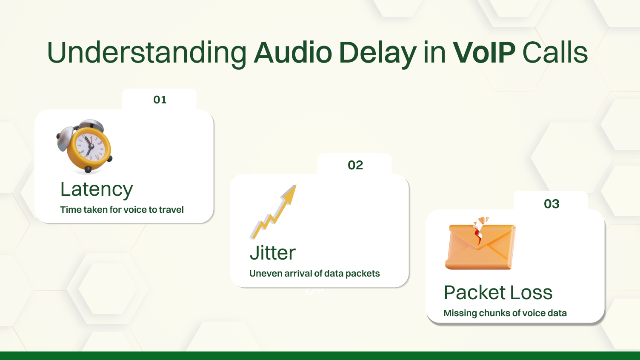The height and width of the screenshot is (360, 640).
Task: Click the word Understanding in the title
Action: pyautogui.click(x=146, y=53)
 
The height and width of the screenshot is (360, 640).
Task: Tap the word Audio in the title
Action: pyautogui.click(x=293, y=53)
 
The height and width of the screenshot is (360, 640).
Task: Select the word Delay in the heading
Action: pyautogui.click(x=377, y=53)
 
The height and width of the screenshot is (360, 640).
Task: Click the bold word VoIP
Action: pyautogui.click(x=484, y=53)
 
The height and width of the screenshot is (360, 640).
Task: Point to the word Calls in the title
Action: pyautogui.click(x=555, y=53)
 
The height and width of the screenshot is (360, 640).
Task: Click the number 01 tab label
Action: pyautogui.click(x=160, y=100)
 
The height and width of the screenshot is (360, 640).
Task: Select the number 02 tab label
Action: pyautogui.click(x=355, y=165)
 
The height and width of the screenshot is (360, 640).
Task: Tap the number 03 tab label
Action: pyautogui.click(x=551, y=204)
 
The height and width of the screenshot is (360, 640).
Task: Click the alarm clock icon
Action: pyautogui.click(x=85, y=146)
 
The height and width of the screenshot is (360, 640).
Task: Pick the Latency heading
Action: pyautogui.click(x=97, y=190)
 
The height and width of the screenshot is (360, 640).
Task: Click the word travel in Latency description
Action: pyautogui.click(x=171, y=210)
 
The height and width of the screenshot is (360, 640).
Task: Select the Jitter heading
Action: pyautogui.click(x=272, y=253)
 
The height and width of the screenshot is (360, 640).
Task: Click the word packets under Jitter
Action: pyautogui.click(x=363, y=274)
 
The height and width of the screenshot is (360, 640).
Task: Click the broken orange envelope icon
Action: pyautogui.click(x=480, y=246)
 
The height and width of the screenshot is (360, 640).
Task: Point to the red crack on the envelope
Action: pyautogui.click(x=479, y=234)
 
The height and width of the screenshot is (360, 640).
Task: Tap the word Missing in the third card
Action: pyautogui.click(x=460, y=313)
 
